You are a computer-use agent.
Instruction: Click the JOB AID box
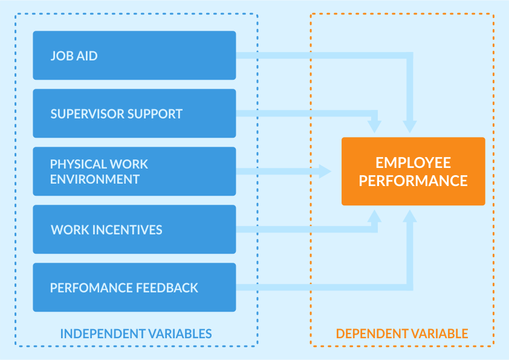click(134, 56)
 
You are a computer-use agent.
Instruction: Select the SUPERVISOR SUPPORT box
click(134, 114)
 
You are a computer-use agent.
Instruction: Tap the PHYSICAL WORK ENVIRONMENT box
click(134, 172)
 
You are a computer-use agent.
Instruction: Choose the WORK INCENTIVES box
click(134, 230)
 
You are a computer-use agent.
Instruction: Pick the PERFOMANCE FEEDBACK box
click(134, 288)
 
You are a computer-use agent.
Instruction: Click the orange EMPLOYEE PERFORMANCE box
click(413, 172)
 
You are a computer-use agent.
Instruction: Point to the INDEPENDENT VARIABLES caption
click(136, 334)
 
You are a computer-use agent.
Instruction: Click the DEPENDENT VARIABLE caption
click(402, 334)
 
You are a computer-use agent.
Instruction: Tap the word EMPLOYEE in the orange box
click(413, 163)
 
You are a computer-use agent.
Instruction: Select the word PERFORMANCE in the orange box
click(413, 181)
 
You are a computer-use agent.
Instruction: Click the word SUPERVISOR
click(87, 114)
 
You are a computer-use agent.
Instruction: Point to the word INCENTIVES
click(127, 230)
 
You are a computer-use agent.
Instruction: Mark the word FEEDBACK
click(167, 288)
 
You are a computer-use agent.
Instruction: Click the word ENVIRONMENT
click(95, 179)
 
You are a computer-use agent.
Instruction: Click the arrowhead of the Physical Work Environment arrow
click(325, 172)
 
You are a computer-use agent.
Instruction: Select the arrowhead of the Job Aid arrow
click(410, 127)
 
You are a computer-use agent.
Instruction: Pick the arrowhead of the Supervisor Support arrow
click(374, 127)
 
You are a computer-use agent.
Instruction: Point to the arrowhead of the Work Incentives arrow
click(374, 216)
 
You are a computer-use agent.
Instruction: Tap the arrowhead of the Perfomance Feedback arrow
click(410, 216)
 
